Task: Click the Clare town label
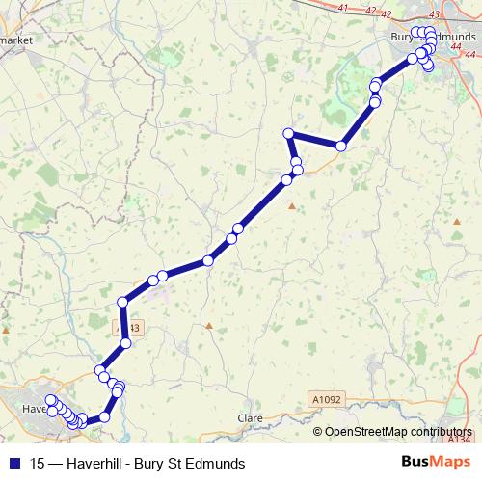250,418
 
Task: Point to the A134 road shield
460,439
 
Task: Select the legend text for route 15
138,464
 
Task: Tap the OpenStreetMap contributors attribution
397,431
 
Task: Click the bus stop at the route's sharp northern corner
287,133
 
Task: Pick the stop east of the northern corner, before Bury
340,146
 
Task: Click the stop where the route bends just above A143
122,303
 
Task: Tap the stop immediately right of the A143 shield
125,343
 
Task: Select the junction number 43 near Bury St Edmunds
433,13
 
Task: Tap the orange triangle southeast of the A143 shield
208,325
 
